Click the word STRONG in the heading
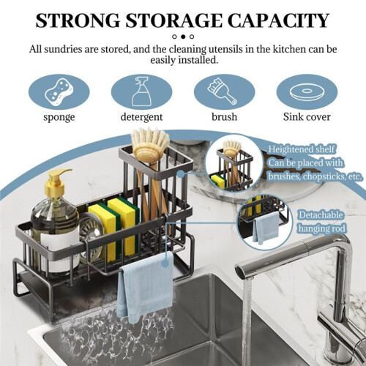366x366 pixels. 78,20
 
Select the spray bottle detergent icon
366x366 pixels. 141,91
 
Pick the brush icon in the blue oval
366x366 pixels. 223,91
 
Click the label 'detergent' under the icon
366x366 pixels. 141,117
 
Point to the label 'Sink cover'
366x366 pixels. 307,116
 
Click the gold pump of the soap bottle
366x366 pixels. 56,182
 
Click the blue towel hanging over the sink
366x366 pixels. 145,287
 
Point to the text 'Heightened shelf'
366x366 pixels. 302,149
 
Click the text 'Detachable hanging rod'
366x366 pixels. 321,222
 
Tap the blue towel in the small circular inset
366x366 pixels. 266,228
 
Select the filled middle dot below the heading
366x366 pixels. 183,37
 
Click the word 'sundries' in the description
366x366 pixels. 63,49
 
